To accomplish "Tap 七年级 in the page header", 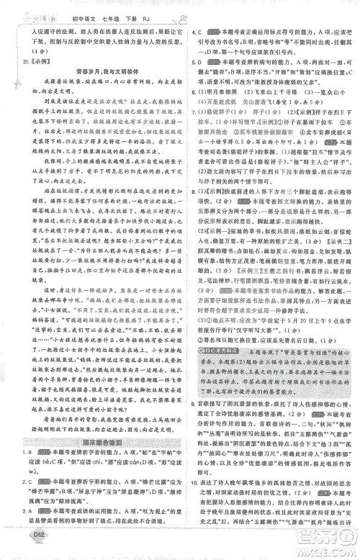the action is (98, 12).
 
